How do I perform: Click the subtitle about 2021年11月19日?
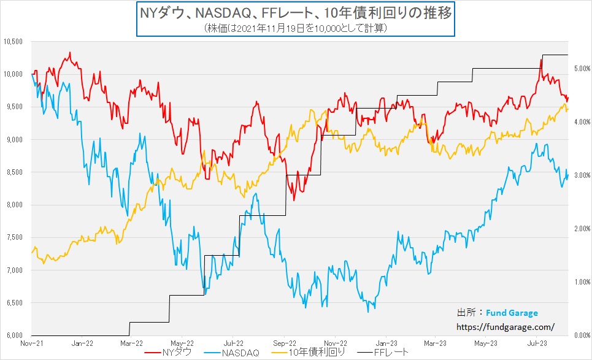click(x=296, y=28)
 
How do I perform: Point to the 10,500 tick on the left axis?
click(x=13, y=42)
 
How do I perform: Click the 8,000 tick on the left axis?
click(x=13, y=205)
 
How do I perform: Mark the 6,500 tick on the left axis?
click(x=13, y=303)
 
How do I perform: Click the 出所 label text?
click(x=466, y=313)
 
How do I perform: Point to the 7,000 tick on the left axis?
click(x=13, y=270)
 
